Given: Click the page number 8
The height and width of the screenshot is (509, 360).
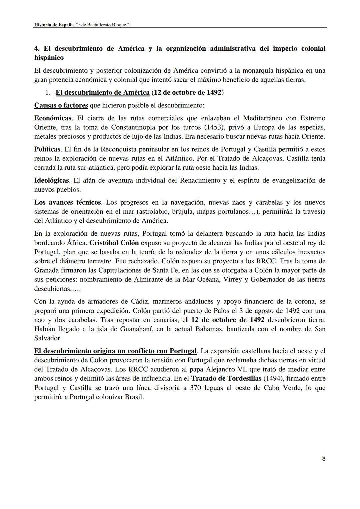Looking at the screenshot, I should point(324,458).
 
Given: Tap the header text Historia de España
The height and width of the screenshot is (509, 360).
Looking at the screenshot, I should point(54,25).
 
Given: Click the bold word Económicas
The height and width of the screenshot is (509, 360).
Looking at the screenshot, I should point(53,118).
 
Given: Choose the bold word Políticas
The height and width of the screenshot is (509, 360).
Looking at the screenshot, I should point(47,149).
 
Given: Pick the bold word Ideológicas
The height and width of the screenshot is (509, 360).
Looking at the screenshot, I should point(52,180).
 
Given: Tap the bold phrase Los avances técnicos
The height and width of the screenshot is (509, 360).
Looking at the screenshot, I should point(67,202).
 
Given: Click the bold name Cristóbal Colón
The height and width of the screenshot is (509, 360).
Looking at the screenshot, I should point(114,243).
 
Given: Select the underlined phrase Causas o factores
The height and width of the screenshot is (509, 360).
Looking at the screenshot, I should point(61,105).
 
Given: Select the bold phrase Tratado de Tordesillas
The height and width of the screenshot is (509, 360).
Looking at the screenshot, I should point(226,378).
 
